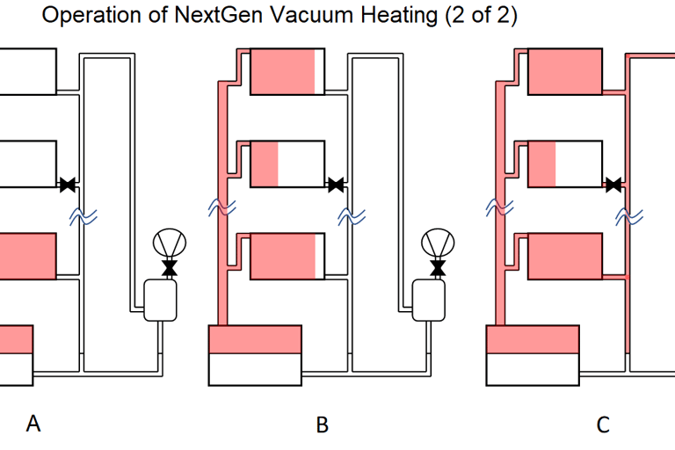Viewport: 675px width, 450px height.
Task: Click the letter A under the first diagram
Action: tap(33, 425)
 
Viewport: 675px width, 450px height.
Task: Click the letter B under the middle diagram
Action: tap(323, 425)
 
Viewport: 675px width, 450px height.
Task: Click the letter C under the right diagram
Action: tap(603, 425)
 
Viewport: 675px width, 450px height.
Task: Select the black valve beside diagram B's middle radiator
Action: tap(335, 185)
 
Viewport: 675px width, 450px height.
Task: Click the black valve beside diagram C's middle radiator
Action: tap(613, 185)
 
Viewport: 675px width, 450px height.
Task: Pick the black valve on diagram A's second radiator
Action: tap(67, 185)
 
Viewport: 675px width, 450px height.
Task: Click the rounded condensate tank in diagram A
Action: tap(160, 299)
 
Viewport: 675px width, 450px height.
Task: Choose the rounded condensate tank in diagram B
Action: tap(430, 299)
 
